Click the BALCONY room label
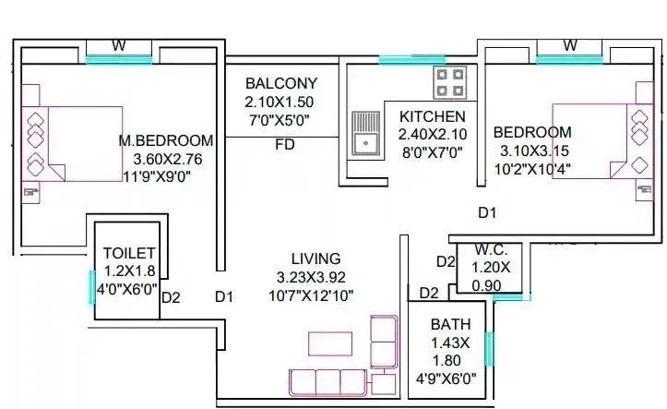pos(280,82)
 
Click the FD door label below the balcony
pos(285,146)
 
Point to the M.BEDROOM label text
pos(166,140)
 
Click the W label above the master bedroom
pos(119,45)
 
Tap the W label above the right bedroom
pos(569,45)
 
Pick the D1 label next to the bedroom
pos(487,213)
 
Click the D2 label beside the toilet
pos(171,297)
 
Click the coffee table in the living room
pos(329,343)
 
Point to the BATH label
pos(450,325)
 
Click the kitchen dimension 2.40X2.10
pos(432,135)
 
